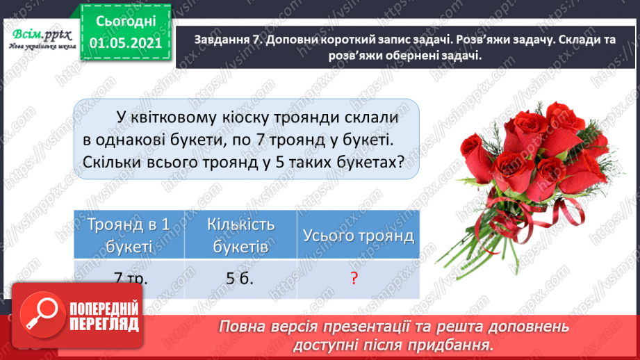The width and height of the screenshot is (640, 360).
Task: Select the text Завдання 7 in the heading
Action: [221, 40]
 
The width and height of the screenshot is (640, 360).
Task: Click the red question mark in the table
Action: [354, 279]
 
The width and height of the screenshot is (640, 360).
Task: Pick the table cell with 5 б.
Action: [240, 279]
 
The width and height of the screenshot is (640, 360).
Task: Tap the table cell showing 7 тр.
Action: [129, 279]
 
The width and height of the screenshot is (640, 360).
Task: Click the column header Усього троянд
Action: [358, 236]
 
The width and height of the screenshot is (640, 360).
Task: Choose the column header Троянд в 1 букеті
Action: [129, 236]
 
